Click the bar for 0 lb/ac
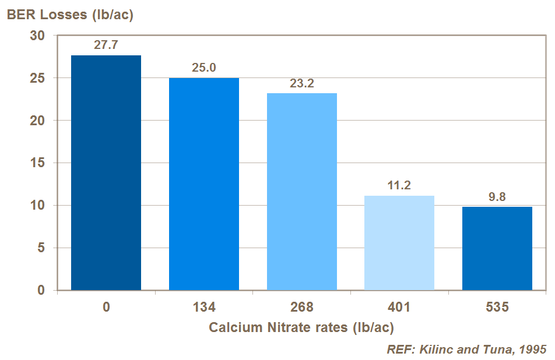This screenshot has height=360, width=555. [106, 172]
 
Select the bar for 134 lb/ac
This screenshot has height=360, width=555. [204, 183]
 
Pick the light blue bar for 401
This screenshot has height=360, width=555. [399, 242]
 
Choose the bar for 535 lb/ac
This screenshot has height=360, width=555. [497, 248]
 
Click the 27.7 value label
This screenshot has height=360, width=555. [106, 44]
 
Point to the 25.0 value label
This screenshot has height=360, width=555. [204, 68]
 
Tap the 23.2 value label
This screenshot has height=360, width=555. [302, 83]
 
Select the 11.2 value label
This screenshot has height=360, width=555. [399, 185]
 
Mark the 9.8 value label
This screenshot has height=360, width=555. [497, 196]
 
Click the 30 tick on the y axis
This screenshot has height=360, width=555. [37, 36]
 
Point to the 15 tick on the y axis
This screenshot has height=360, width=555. [37, 163]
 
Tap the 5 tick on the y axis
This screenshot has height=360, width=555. [41, 248]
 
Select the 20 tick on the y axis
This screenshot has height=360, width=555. [37, 121]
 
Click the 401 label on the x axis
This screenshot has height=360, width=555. [399, 307]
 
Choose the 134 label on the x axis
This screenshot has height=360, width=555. [204, 307]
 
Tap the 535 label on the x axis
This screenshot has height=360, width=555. [497, 307]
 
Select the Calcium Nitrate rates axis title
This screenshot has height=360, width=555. [301, 327]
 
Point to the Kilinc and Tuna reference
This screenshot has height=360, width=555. [466, 349]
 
